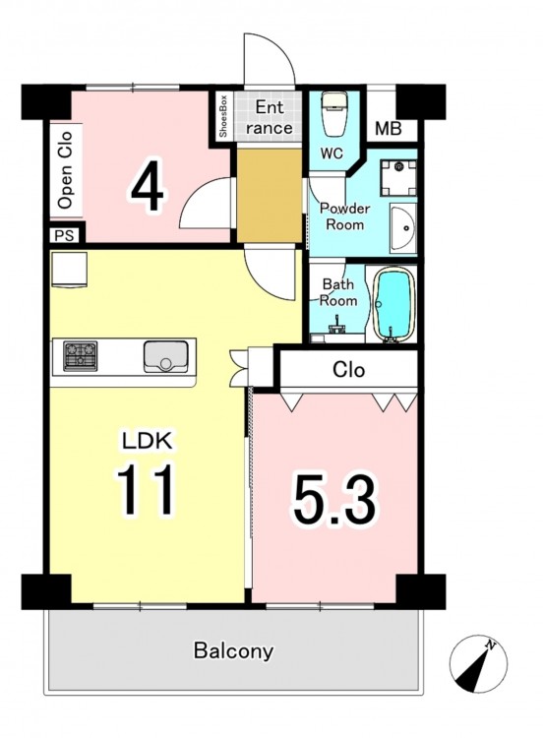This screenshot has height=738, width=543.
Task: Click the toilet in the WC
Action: coord(334,114)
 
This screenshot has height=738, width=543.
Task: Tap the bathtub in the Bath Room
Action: coord(393,304)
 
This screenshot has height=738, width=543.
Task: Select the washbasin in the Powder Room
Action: coord(402,228)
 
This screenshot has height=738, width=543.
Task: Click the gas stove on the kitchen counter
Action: coord(81,356)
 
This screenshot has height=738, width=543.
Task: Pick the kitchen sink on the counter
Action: coord(165,357)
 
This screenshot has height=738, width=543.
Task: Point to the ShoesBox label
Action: coord(223,116)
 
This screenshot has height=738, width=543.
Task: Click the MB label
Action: coord(389,129)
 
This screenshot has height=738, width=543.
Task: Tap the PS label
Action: coord(65,235)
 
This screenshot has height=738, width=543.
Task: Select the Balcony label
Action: coord(233,651)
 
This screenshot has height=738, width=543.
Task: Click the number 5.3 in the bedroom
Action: coord(334,500)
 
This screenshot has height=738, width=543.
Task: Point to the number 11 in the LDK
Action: coord(146,489)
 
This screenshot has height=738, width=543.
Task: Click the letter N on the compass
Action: coord(491,644)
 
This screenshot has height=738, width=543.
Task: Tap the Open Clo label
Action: coord(65,170)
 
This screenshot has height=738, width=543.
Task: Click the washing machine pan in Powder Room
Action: coord(398,178)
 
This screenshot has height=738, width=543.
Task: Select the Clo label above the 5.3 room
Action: coord(348,370)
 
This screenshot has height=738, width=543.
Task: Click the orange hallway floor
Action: coord(270,196)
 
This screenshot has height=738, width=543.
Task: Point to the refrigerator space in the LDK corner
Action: coord(69,270)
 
